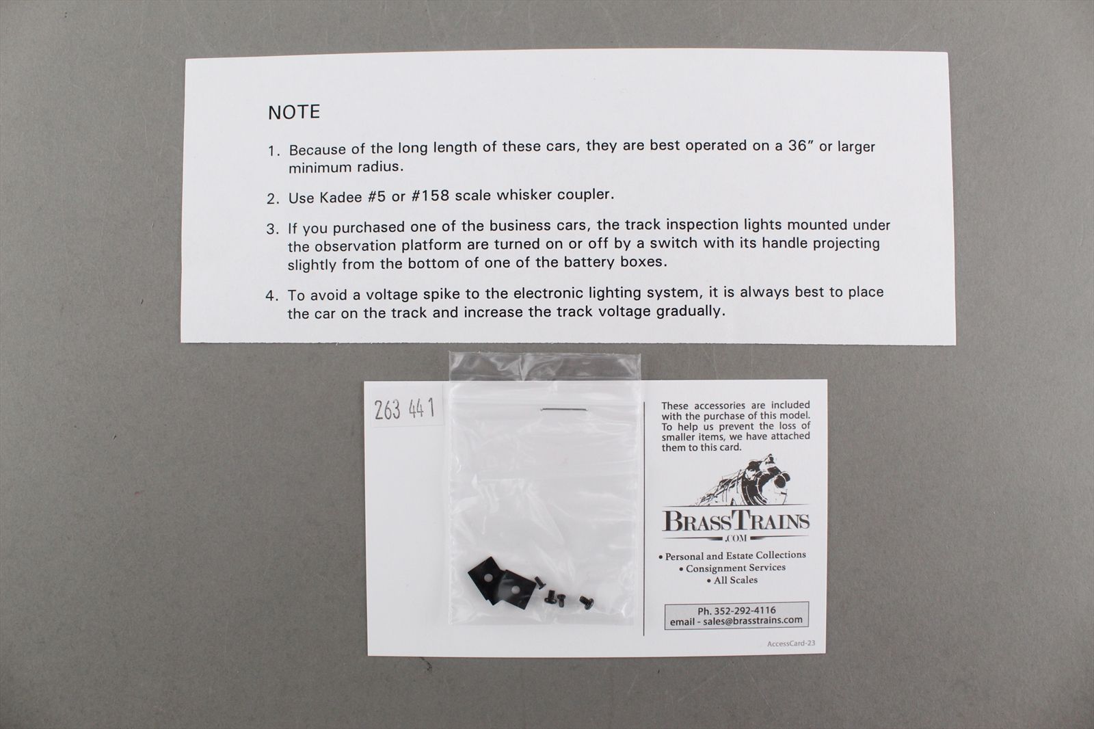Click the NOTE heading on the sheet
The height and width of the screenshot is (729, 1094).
[x=294, y=112]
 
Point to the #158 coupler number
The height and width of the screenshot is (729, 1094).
[x=430, y=196]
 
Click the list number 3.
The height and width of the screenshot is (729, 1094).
[x=273, y=229]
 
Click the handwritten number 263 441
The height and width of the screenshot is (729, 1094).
[x=404, y=409]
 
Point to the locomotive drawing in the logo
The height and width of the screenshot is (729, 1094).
[x=743, y=481]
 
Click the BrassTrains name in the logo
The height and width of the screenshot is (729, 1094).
[x=736, y=521]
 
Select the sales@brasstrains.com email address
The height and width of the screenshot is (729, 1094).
[x=753, y=620]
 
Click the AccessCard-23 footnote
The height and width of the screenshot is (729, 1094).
[x=790, y=644]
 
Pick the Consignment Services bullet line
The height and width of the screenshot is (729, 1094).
[x=732, y=568]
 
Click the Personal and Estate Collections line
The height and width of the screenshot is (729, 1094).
[x=732, y=555]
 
